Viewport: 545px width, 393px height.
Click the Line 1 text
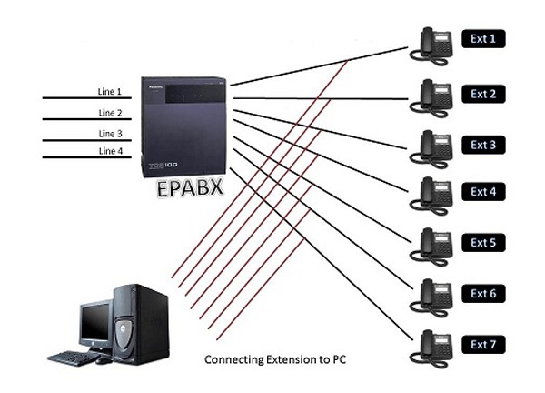[x=110, y=92]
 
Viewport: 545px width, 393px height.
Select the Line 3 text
[x=110, y=133]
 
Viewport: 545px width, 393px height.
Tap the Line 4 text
[x=110, y=152]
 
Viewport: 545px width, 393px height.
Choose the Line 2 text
[x=110, y=113]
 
